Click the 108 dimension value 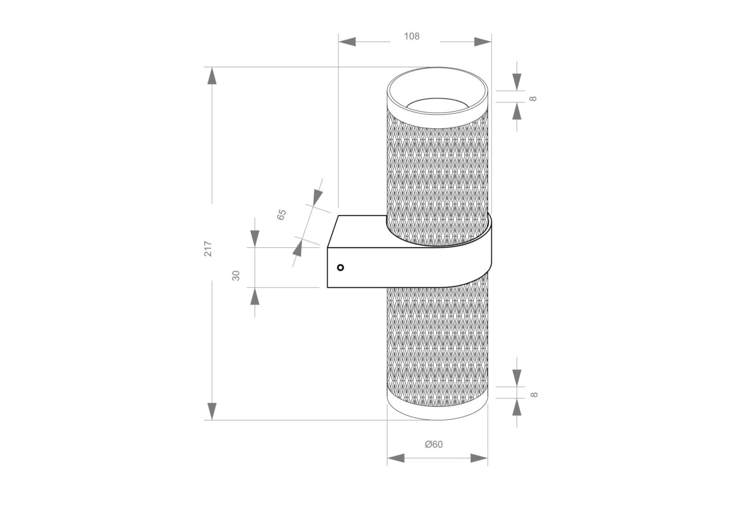[412, 36]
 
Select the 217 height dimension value [208, 248]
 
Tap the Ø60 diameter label [434, 444]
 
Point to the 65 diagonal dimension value [281, 214]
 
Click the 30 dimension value [236, 275]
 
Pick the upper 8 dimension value [533, 98]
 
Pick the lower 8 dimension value [533, 394]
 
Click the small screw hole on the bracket [340, 268]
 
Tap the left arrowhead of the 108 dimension [347, 41]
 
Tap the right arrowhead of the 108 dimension [483, 41]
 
